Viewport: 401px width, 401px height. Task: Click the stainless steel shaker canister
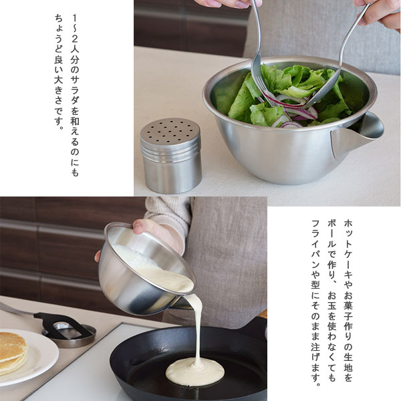point(171,156)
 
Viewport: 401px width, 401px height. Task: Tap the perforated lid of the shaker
point(170,131)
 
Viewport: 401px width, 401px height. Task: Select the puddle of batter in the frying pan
point(195,372)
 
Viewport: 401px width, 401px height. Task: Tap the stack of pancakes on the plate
point(13,353)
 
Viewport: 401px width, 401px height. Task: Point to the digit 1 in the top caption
point(75,18)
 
